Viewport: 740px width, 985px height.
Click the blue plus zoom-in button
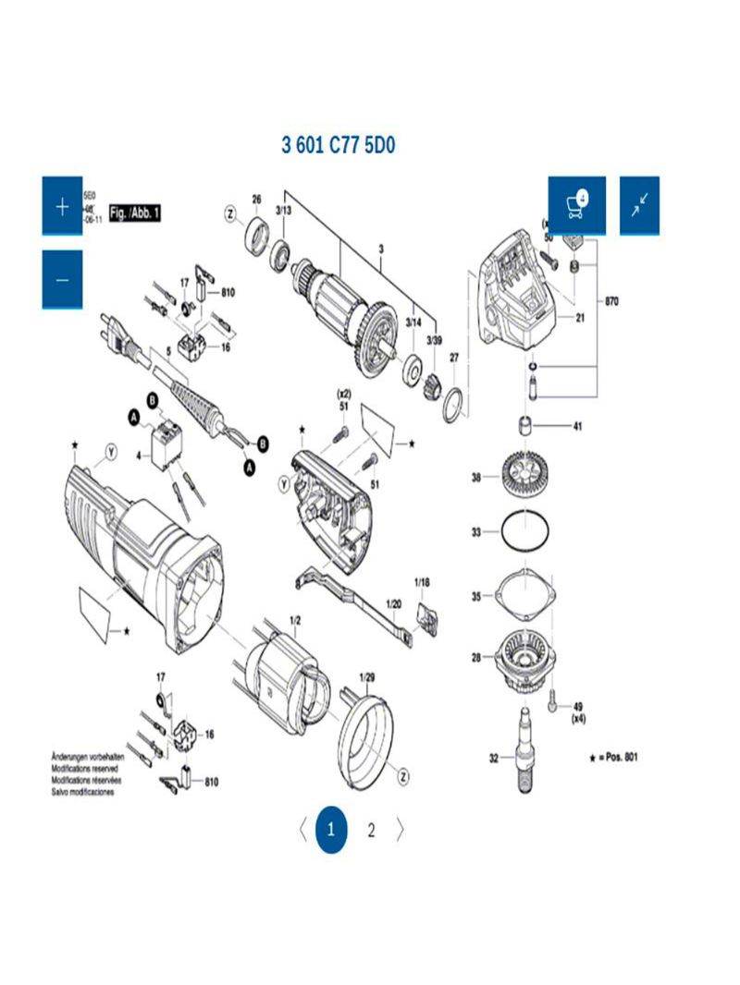click(x=62, y=206)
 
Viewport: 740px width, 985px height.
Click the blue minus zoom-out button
click(x=62, y=279)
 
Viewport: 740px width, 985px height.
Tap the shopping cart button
click(x=576, y=205)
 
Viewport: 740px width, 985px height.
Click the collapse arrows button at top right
click(x=639, y=205)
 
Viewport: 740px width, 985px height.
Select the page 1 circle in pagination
click(x=331, y=830)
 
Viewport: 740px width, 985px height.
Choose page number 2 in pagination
click(x=371, y=830)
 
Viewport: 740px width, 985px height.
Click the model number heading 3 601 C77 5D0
click(x=339, y=146)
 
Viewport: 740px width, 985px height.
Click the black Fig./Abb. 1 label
click(x=136, y=213)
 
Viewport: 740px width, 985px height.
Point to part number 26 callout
click(x=256, y=200)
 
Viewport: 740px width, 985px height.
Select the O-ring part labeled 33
click(x=525, y=532)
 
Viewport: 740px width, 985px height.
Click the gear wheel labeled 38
click(x=525, y=477)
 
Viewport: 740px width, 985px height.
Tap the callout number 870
click(x=611, y=301)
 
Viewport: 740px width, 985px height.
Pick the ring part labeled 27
click(x=453, y=404)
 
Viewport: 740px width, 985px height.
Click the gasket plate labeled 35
click(x=525, y=597)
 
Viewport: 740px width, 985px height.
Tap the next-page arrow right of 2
click(x=400, y=830)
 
